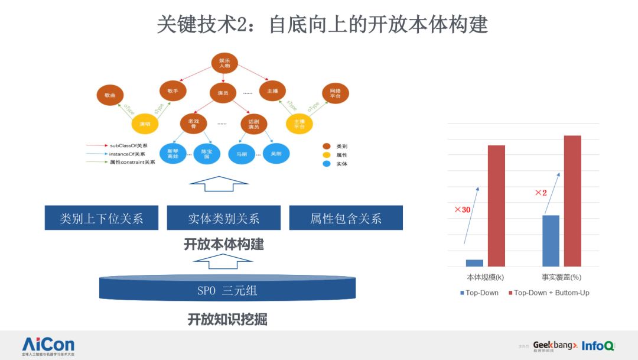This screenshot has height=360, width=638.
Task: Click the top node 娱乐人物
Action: coord(224,64)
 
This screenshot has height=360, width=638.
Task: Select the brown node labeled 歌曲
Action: coord(110,95)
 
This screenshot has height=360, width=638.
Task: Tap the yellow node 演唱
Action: coord(145,124)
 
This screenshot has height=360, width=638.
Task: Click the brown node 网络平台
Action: coord(336,93)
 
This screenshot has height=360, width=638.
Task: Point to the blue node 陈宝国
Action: coord(206,154)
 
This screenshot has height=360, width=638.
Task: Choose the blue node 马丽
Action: coord(242,153)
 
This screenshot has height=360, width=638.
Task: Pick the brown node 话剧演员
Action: coord(253,124)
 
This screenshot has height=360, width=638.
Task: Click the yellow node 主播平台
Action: coord(299,123)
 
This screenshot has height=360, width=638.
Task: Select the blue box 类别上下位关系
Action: coord(102,218)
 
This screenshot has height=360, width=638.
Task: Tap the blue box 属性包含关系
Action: coord(346,218)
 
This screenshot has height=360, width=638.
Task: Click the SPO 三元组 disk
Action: coord(227,289)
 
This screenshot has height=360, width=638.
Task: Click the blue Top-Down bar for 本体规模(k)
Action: coord(474,263)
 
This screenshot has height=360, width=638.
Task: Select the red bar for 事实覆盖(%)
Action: coord(572,201)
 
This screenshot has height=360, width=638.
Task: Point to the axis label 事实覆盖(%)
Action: coord(561,277)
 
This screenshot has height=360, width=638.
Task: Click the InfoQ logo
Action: coord(597,345)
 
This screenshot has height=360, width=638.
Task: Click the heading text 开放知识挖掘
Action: coord(227,320)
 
